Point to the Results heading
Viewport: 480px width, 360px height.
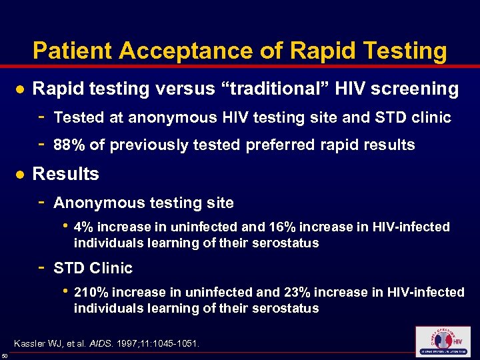65,174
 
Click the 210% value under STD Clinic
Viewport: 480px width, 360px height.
89,292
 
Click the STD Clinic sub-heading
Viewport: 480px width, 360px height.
93,268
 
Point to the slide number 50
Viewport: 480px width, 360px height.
5,357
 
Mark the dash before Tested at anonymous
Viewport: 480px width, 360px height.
41,117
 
